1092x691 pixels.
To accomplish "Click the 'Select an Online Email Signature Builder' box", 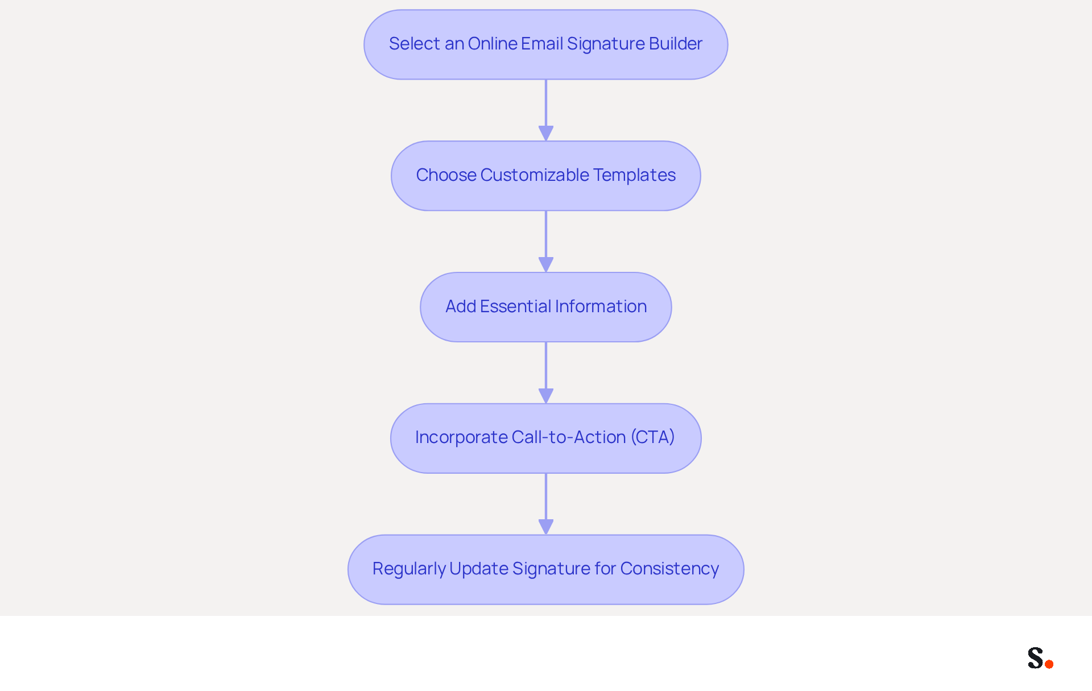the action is (x=546, y=44).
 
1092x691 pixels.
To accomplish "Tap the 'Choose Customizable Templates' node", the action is (x=546, y=176).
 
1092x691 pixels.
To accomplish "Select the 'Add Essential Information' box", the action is (x=546, y=307).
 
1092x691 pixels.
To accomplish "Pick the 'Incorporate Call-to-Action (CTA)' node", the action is (x=546, y=438).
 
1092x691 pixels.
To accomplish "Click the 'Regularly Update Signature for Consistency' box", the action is (x=546, y=569).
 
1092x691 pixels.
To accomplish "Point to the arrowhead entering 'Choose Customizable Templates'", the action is (x=546, y=134).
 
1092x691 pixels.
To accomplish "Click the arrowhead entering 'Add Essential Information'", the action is (x=546, y=265).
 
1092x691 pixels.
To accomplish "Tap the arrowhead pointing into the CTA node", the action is (x=546, y=396).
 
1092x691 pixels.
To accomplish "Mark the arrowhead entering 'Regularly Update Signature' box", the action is (x=546, y=527).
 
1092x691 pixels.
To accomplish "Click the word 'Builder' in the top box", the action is (x=676, y=44).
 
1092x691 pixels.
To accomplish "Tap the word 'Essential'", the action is (x=515, y=307).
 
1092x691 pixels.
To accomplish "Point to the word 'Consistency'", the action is (x=669, y=569).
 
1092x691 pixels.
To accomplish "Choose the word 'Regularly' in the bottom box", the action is (x=409, y=569).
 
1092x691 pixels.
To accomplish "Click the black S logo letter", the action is (x=1036, y=657).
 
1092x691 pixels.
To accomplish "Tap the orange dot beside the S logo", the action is (x=1049, y=664).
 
